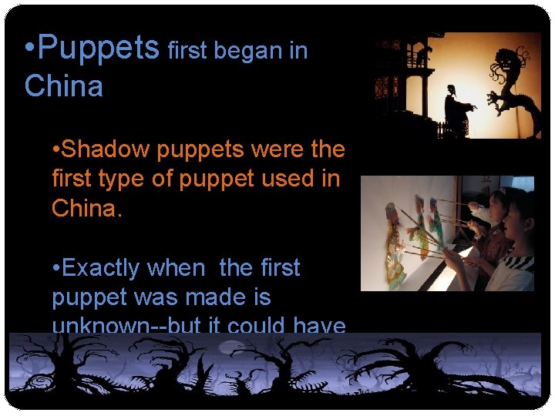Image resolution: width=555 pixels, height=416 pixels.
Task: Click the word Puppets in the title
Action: pos(98,49)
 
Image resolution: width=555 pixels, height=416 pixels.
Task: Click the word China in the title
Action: pos(63,86)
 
